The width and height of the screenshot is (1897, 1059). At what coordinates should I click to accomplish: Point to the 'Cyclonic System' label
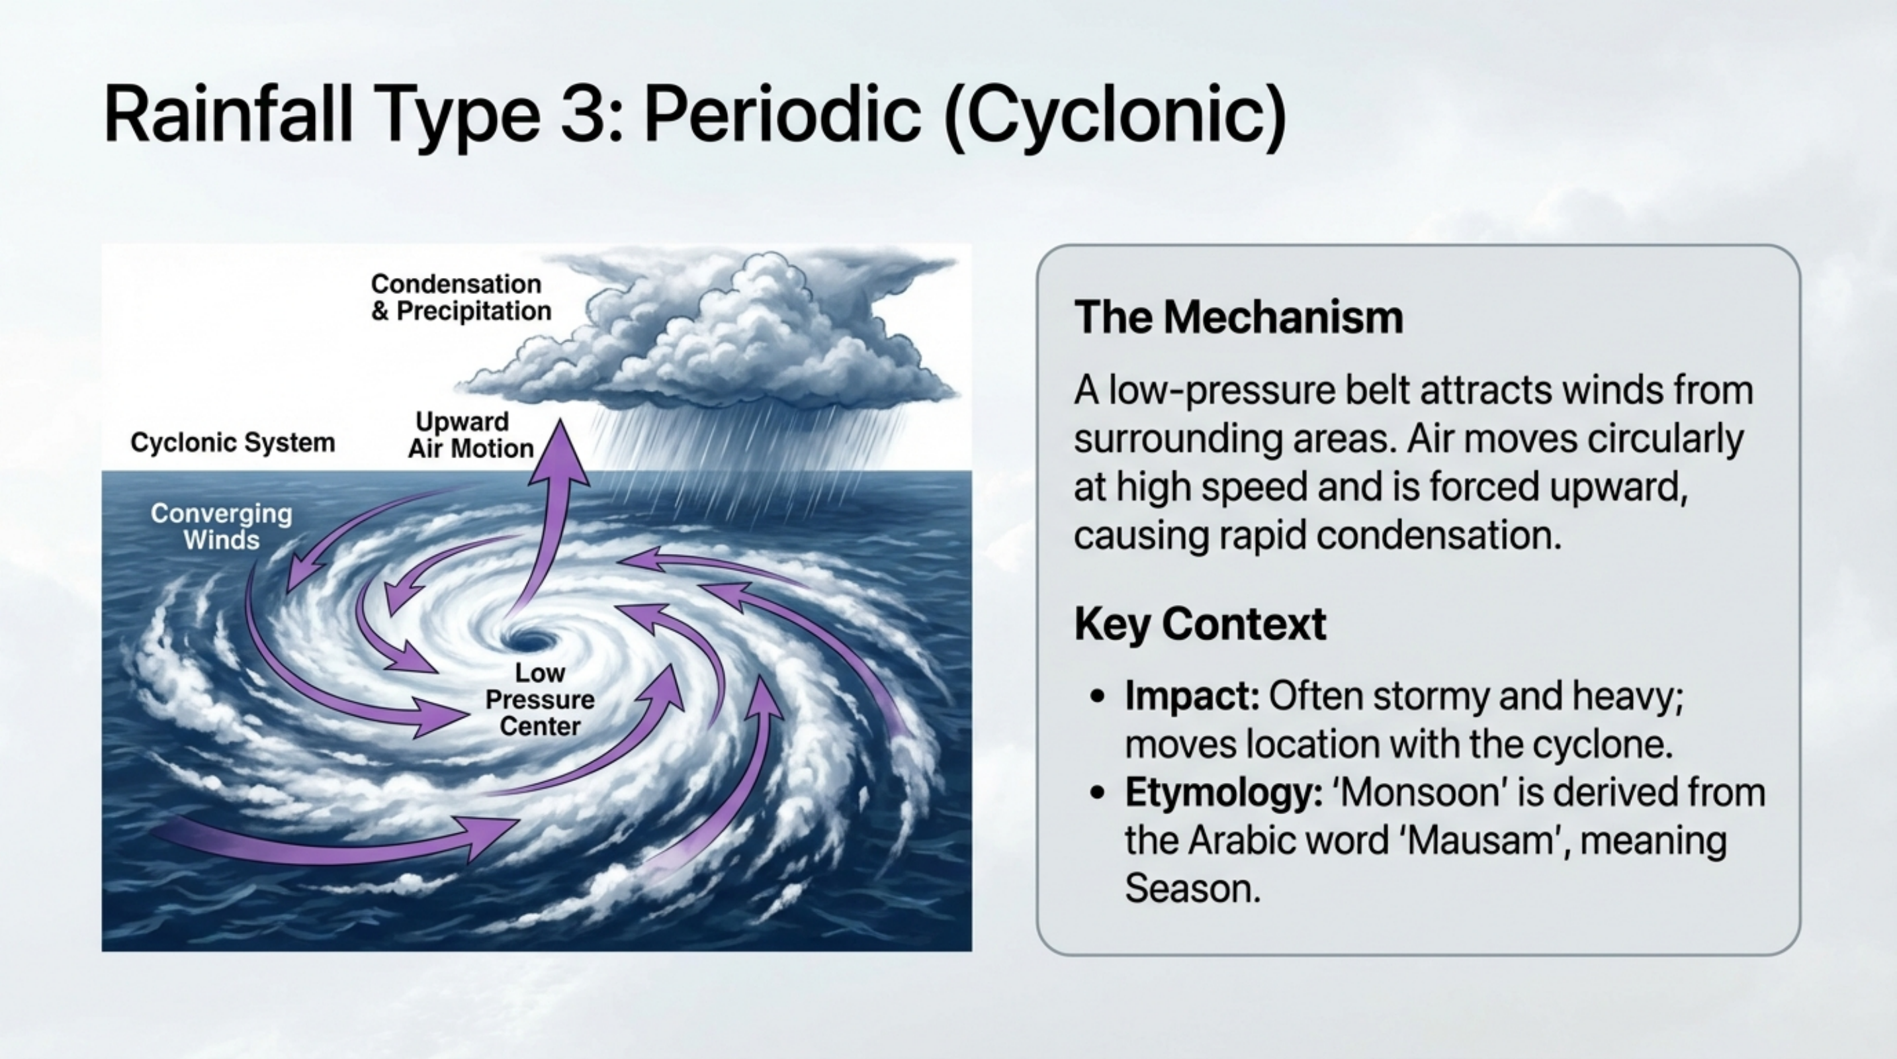tap(233, 443)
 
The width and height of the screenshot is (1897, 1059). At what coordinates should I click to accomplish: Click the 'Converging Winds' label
tap(221, 527)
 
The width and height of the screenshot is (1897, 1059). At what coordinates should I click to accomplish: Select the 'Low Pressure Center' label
tap(540, 699)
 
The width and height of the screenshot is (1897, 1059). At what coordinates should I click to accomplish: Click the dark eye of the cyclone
tap(532, 639)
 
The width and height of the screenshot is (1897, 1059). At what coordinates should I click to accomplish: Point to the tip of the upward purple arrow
tap(561, 426)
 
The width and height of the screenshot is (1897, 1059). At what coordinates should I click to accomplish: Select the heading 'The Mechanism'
tap(1239, 318)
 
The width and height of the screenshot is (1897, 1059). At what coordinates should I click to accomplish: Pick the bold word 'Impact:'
tap(1192, 695)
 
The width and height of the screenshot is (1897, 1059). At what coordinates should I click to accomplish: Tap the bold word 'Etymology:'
tap(1223, 793)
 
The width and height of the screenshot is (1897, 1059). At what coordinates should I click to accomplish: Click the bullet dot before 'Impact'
tap(1098, 696)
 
